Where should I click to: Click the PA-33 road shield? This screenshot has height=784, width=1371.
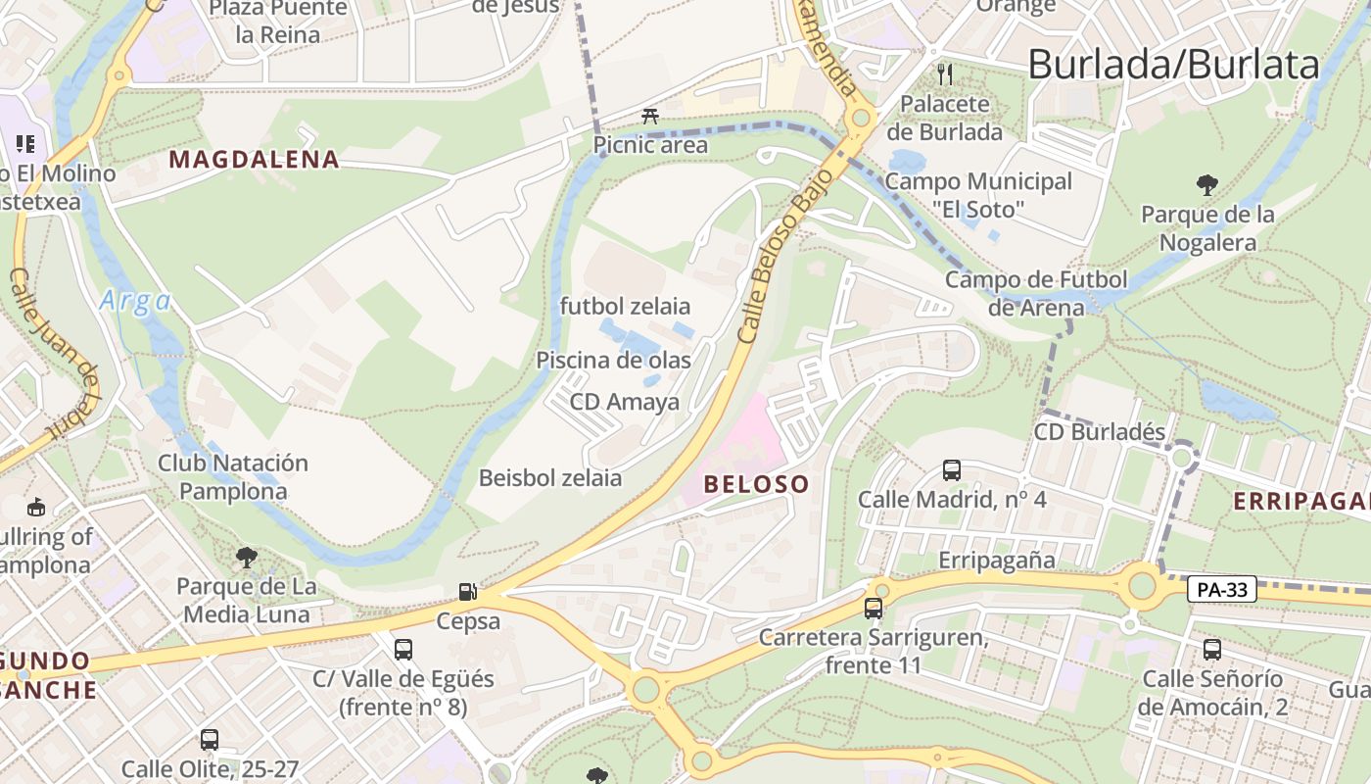pos(1222,589)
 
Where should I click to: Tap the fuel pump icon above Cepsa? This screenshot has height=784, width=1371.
pos(468,591)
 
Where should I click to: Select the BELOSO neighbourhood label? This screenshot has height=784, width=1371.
pos(756,483)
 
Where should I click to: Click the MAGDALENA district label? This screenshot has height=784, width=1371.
pos(255,159)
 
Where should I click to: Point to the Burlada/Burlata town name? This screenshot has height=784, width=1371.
pos(1173,65)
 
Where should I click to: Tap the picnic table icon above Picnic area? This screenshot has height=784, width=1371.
pos(649,117)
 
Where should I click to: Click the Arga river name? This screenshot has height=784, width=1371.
pos(135,301)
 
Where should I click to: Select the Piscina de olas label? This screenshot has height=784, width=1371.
pos(613,360)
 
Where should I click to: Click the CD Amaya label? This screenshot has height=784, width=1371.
pos(625,402)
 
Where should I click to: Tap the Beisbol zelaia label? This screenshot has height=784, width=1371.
pos(550,478)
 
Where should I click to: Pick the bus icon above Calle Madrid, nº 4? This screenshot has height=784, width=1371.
pos(951,469)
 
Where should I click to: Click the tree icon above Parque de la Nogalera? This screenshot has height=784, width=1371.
pos(1207,183)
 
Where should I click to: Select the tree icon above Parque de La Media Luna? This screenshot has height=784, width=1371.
pos(246,558)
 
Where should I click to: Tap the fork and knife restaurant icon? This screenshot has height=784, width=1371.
pos(945,73)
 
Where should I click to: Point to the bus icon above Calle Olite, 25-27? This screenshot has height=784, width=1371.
pos(210,739)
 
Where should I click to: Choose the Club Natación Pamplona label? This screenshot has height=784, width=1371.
pos(233,476)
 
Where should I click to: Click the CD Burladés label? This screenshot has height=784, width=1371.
pos(1100,432)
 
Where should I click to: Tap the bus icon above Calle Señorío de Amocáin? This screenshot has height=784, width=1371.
pos(1212,648)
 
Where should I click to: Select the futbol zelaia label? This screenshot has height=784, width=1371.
pos(625,306)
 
